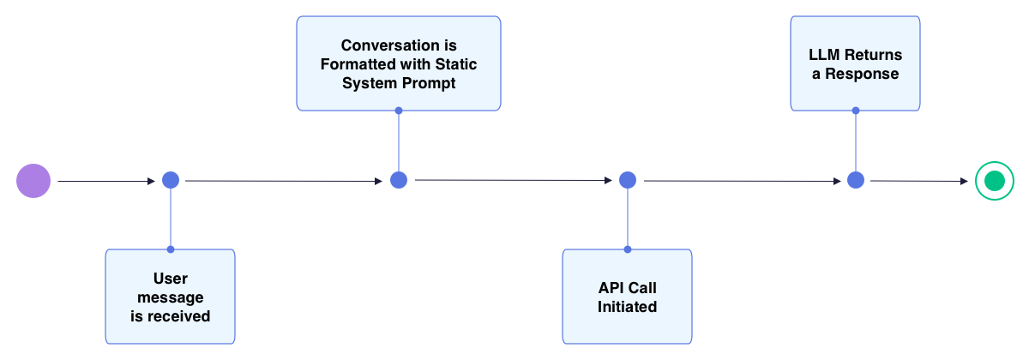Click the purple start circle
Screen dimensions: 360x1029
[x=33, y=181]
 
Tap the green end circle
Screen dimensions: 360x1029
[x=994, y=181]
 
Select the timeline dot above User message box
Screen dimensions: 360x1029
[x=171, y=180]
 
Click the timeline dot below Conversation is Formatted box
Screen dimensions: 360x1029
[x=399, y=180]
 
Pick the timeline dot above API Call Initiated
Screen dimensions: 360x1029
[x=628, y=180]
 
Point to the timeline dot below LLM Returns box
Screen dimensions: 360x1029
[x=856, y=180]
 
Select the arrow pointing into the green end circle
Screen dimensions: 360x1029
[x=918, y=181]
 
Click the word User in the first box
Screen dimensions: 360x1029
[x=170, y=279]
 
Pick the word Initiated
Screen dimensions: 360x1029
[x=627, y=307]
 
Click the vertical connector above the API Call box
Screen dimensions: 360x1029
[x=628, y=219]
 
